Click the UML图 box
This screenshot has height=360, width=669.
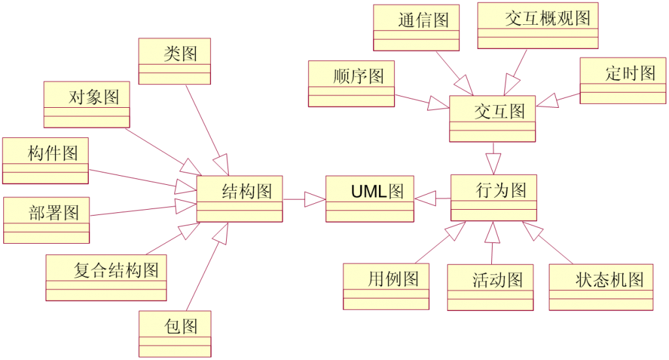pyautogui.click(x=370, y=199)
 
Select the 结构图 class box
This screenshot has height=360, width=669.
pyautogui.click(x=239, y=199)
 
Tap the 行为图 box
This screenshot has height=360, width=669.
pyautogui.click(x=494, y=197)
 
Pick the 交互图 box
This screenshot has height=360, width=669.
pyautogui.click(x=493, y=118)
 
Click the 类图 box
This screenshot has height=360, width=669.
pyautogui.click(x=174, y=61)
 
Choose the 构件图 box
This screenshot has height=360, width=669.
pyautogui.click(x=45, y=161)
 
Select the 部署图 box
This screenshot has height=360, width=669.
pyautogui.click(x=46, y=220)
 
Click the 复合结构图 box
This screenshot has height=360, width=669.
pyautogui.click(x=106, y=277)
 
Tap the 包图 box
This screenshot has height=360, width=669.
pyautogui.click(x=174, y=333)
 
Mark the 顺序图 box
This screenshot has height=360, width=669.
pyautogui.click(x=351, y=84)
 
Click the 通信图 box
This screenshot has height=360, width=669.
pyautogui.click(x=416, y=27)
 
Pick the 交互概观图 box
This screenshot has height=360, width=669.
pyautogui.click(x=538, y=25)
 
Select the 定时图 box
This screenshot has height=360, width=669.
pyautogui.click(x=623, y=80)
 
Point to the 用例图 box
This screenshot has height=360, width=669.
pyautogui.click(x=386, y=286)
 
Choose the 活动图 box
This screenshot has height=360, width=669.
pyautogui.click(x=490, y=287)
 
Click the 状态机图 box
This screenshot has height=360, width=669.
pyautogui.click(x=601, y=287)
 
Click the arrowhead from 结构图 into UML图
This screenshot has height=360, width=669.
pyautogui.click(x=315, y=199)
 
